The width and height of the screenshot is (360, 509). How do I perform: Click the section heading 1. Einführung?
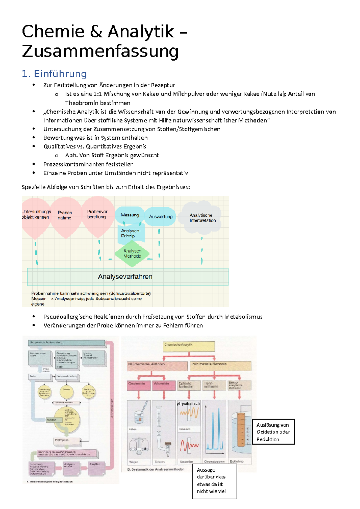[x=54, y=74]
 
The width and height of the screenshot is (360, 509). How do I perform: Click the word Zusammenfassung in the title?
[x=100, y=51]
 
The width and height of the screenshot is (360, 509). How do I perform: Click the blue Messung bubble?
[x=130, y=215]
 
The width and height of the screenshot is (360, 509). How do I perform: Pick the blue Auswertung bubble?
[x=161, y=216]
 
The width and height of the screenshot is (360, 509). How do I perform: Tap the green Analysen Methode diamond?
[x=132, y=254]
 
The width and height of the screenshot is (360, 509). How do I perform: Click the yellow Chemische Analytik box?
[x=189, y=346]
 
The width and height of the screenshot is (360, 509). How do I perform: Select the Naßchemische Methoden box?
[x=157, y=365]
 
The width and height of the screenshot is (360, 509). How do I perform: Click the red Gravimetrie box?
[x=139, y=385]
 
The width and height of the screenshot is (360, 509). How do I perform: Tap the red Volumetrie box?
[x=164, y=385]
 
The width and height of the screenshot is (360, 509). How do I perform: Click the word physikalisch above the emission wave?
[x=188, y=403]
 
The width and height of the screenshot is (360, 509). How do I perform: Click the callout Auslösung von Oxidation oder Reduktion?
[x=273, y=432]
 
